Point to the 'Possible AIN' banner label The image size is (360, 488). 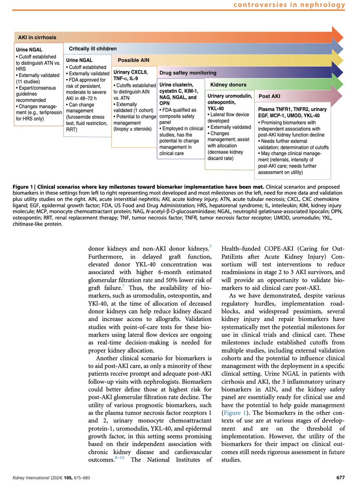(x=133, y=60)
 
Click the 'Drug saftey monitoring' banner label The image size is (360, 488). (x=188, y=73)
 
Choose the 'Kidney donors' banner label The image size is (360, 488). (x=228, y=85)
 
